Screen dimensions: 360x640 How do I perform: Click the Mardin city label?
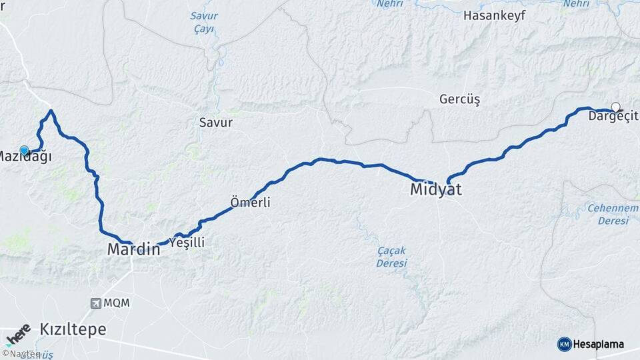pos(133,250)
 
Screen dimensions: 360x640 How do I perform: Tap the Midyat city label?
pos(435,189)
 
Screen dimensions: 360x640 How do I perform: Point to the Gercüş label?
pos(459,99)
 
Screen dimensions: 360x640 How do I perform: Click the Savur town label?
pos(216,123)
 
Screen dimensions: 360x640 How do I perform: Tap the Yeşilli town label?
pos(187,243)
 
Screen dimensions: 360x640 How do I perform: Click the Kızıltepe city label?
pos(73,329)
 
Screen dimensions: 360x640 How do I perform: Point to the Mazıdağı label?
pos(24,157)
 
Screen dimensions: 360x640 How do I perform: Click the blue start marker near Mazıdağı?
pos(25,151)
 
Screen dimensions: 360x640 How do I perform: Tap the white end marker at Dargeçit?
pos(616,107)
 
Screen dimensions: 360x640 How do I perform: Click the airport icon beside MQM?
pos(97,303)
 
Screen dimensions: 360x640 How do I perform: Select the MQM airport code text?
pos(117,303)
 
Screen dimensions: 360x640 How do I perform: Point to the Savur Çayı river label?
pos(203,22)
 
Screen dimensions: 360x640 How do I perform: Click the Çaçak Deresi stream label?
pos(391,257)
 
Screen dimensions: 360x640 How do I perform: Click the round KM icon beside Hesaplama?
pos(564,344)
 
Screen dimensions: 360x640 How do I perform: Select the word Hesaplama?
pos(599,345)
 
